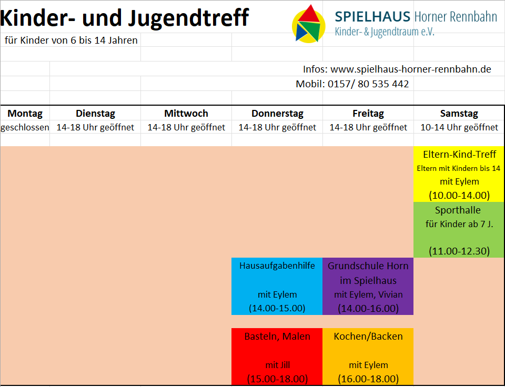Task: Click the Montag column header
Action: pyautogui.click(x=25, y=113)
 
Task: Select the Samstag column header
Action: pyautogui.click(x=459, y=113)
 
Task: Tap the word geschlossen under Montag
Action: pyautogui.click(x=25, y=127)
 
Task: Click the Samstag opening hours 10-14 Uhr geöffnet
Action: pyautogui.click(x=459, y=127)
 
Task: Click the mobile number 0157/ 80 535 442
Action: pyautogui.click(x=368, y=84)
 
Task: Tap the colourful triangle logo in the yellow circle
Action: pyautogui.click(x=309, y=24)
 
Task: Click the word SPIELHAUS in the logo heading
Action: pyautogui.click(x=372, y=17)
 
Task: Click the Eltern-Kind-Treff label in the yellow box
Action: pyautogui.click(x=459, y=155)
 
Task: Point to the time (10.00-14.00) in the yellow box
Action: pyautogui.click(x=459, y=195)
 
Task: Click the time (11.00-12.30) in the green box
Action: pyautogui.click(x=459, y=251)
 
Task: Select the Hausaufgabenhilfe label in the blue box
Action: pyautogui.click(x=277, y=266)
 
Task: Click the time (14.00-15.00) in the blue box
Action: pyautogui.click(x=277, y=308)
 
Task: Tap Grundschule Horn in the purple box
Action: pyautogui.click(x=368, y=266)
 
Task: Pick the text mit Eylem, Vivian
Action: pyautogui.click(x=368, y=294)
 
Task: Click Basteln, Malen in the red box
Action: pyautogui.click(x=277, y=336)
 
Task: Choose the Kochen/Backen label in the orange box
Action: pyautogui.click(x=368, y=336)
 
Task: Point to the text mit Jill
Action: pyautogui.click(x=277, y=365)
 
